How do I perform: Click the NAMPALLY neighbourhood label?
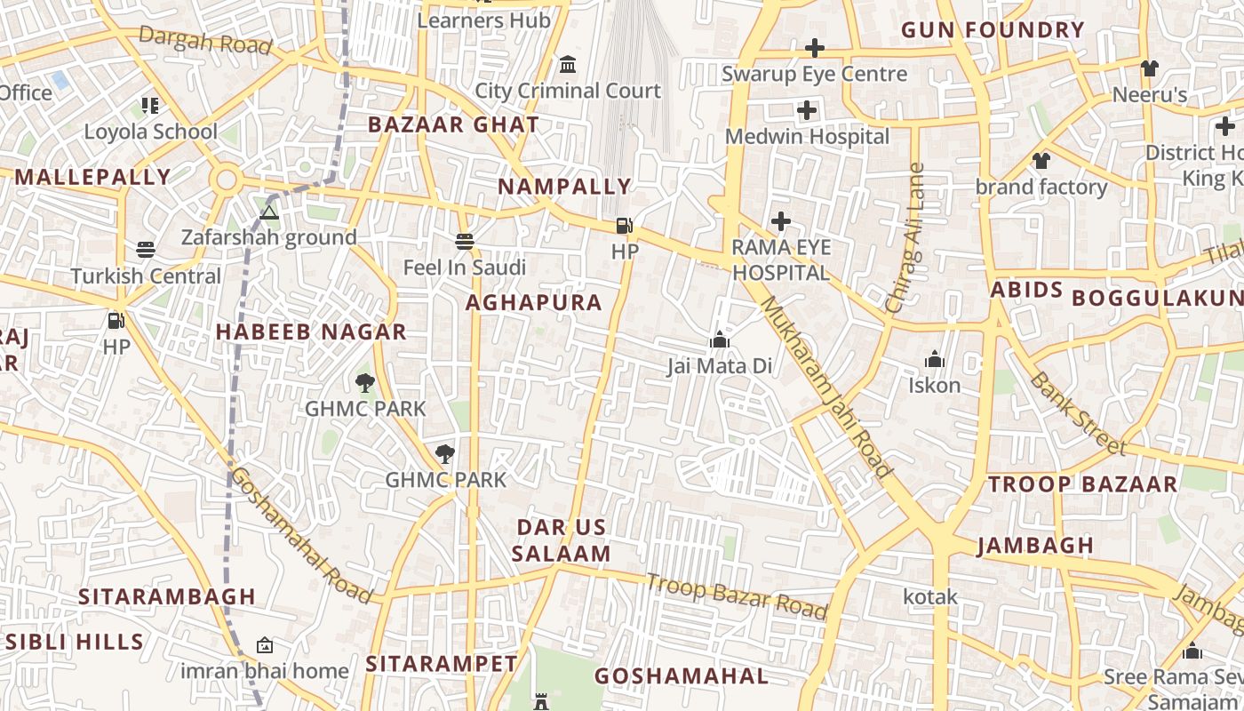tap(564, 187)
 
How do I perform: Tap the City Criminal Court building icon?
tap(568, 65)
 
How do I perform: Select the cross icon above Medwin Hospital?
tap(807, 110)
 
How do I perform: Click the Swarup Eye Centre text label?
tap(814, 74)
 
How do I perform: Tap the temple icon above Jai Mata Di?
tap(720, 340)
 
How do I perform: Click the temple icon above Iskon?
tap(934, 360)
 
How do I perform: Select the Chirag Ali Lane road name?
tap(905, 238)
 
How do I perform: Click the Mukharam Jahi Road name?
tap(825, 387)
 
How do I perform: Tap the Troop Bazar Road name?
tap(737, 596)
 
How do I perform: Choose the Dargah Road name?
tap(205, 40)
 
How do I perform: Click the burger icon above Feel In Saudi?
tap(464, 241)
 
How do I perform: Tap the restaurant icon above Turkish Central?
tap(146, 250)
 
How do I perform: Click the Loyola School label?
tap(150, 132)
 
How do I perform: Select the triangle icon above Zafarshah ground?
tap(269, 212)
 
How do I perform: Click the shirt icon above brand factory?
tap(1041, 161)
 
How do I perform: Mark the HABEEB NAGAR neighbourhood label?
tap(311, 332)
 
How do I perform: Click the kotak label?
tap(930, 596)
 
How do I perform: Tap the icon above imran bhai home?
tap(264, 645)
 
